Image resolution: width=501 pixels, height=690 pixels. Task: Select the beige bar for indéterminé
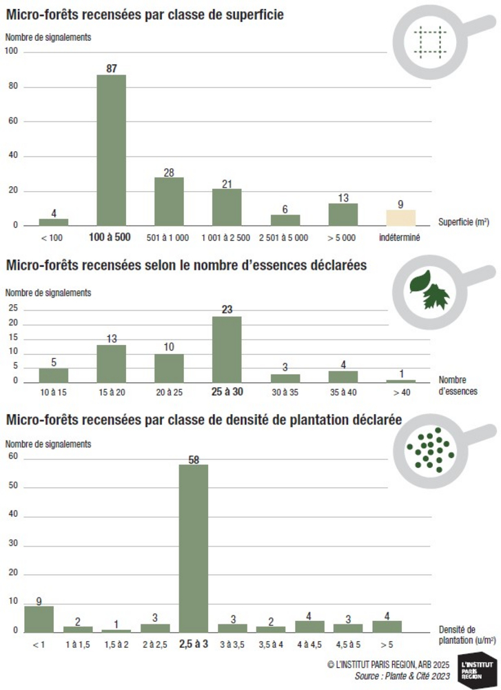coord(400,218)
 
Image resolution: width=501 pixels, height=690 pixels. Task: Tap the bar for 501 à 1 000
coord(169,201)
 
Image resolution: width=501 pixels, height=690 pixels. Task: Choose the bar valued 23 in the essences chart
coord(227,349)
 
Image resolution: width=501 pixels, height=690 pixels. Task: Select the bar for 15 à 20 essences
coord(111,364)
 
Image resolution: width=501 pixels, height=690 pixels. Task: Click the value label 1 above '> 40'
coord(401,373)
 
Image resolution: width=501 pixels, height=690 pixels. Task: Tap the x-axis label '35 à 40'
coord(342,391)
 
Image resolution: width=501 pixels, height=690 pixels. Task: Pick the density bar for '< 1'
coord(39,619)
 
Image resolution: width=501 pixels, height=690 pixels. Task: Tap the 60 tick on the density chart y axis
coord(12,457)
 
